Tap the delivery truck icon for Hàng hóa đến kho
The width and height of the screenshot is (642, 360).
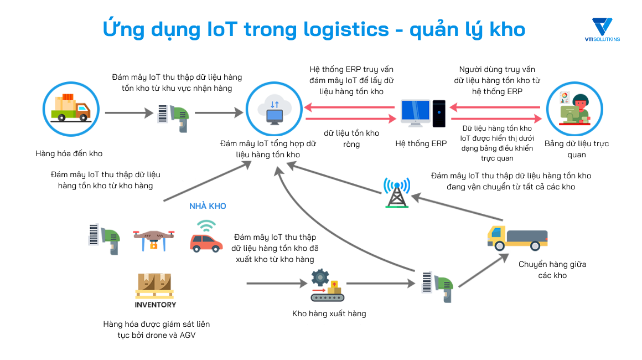tap(70, 108)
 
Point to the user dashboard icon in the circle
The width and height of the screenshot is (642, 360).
tap(573, 108)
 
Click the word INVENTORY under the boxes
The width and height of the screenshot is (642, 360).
tap(156, 305)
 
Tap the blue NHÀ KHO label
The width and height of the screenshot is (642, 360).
tap(208, 206)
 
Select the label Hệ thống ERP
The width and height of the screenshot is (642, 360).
tap(421, 144)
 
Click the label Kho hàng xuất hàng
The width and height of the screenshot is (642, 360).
tap(329, 313)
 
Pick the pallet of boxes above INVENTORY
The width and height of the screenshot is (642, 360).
tap(154, 285)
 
